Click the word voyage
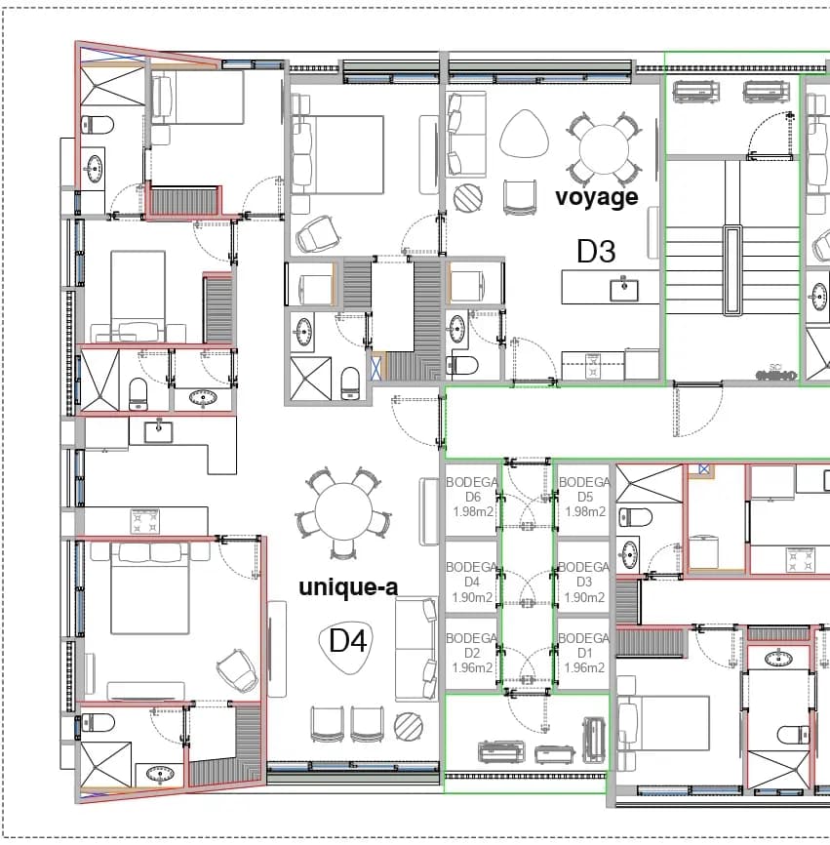pyautogui.click(x=597, y=197)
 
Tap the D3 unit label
pyautogui.click(x=596, y=251)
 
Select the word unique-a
pyautogui.click(x=348, y=586)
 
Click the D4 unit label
pyautogui.click(x=348, y=641)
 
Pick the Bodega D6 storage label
pyautogui.click(x=472, y=497)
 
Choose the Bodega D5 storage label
pyautogui.click(x=584, y=497)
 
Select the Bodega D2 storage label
pyautogui.click(x=472, y=653)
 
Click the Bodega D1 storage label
pyautogui.click(x=584, y=653)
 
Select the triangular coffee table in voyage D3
pyautogui.click(x=524, y=134)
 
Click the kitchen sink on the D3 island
pyautogui.click(x=623, y=290)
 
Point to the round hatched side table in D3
pyautogui.click(x=468, y=198)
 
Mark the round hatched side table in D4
pyautogui.click(x=409, y=726)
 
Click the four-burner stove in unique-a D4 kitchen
pyautogui.click(x=145, y=522)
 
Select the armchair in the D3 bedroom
pyautogui.click(x=317, y=234)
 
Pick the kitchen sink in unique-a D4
pyautogui.click(x=158, y=431)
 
